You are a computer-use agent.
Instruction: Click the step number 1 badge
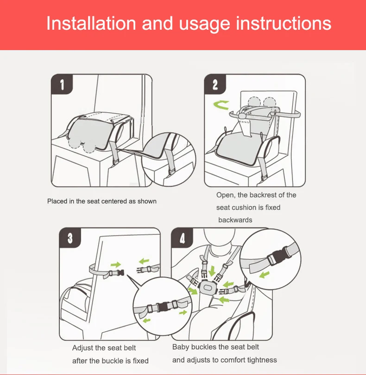(62, 84)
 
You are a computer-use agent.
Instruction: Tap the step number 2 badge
(215, 84)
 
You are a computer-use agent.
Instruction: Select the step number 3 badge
(70, 238)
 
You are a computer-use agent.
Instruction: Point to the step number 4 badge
(182, 238)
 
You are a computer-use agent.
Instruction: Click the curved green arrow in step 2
(221, 105)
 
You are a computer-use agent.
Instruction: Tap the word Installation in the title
(91, 23)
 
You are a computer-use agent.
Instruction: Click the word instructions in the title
(284, 23)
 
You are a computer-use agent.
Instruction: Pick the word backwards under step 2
(235, 220)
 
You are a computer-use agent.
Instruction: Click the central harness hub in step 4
(207, 288)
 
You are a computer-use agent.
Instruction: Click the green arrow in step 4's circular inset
(264, 275)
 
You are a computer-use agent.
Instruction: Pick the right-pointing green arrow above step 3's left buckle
(115, 265)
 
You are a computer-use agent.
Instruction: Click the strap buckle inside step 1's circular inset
(171, 171)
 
